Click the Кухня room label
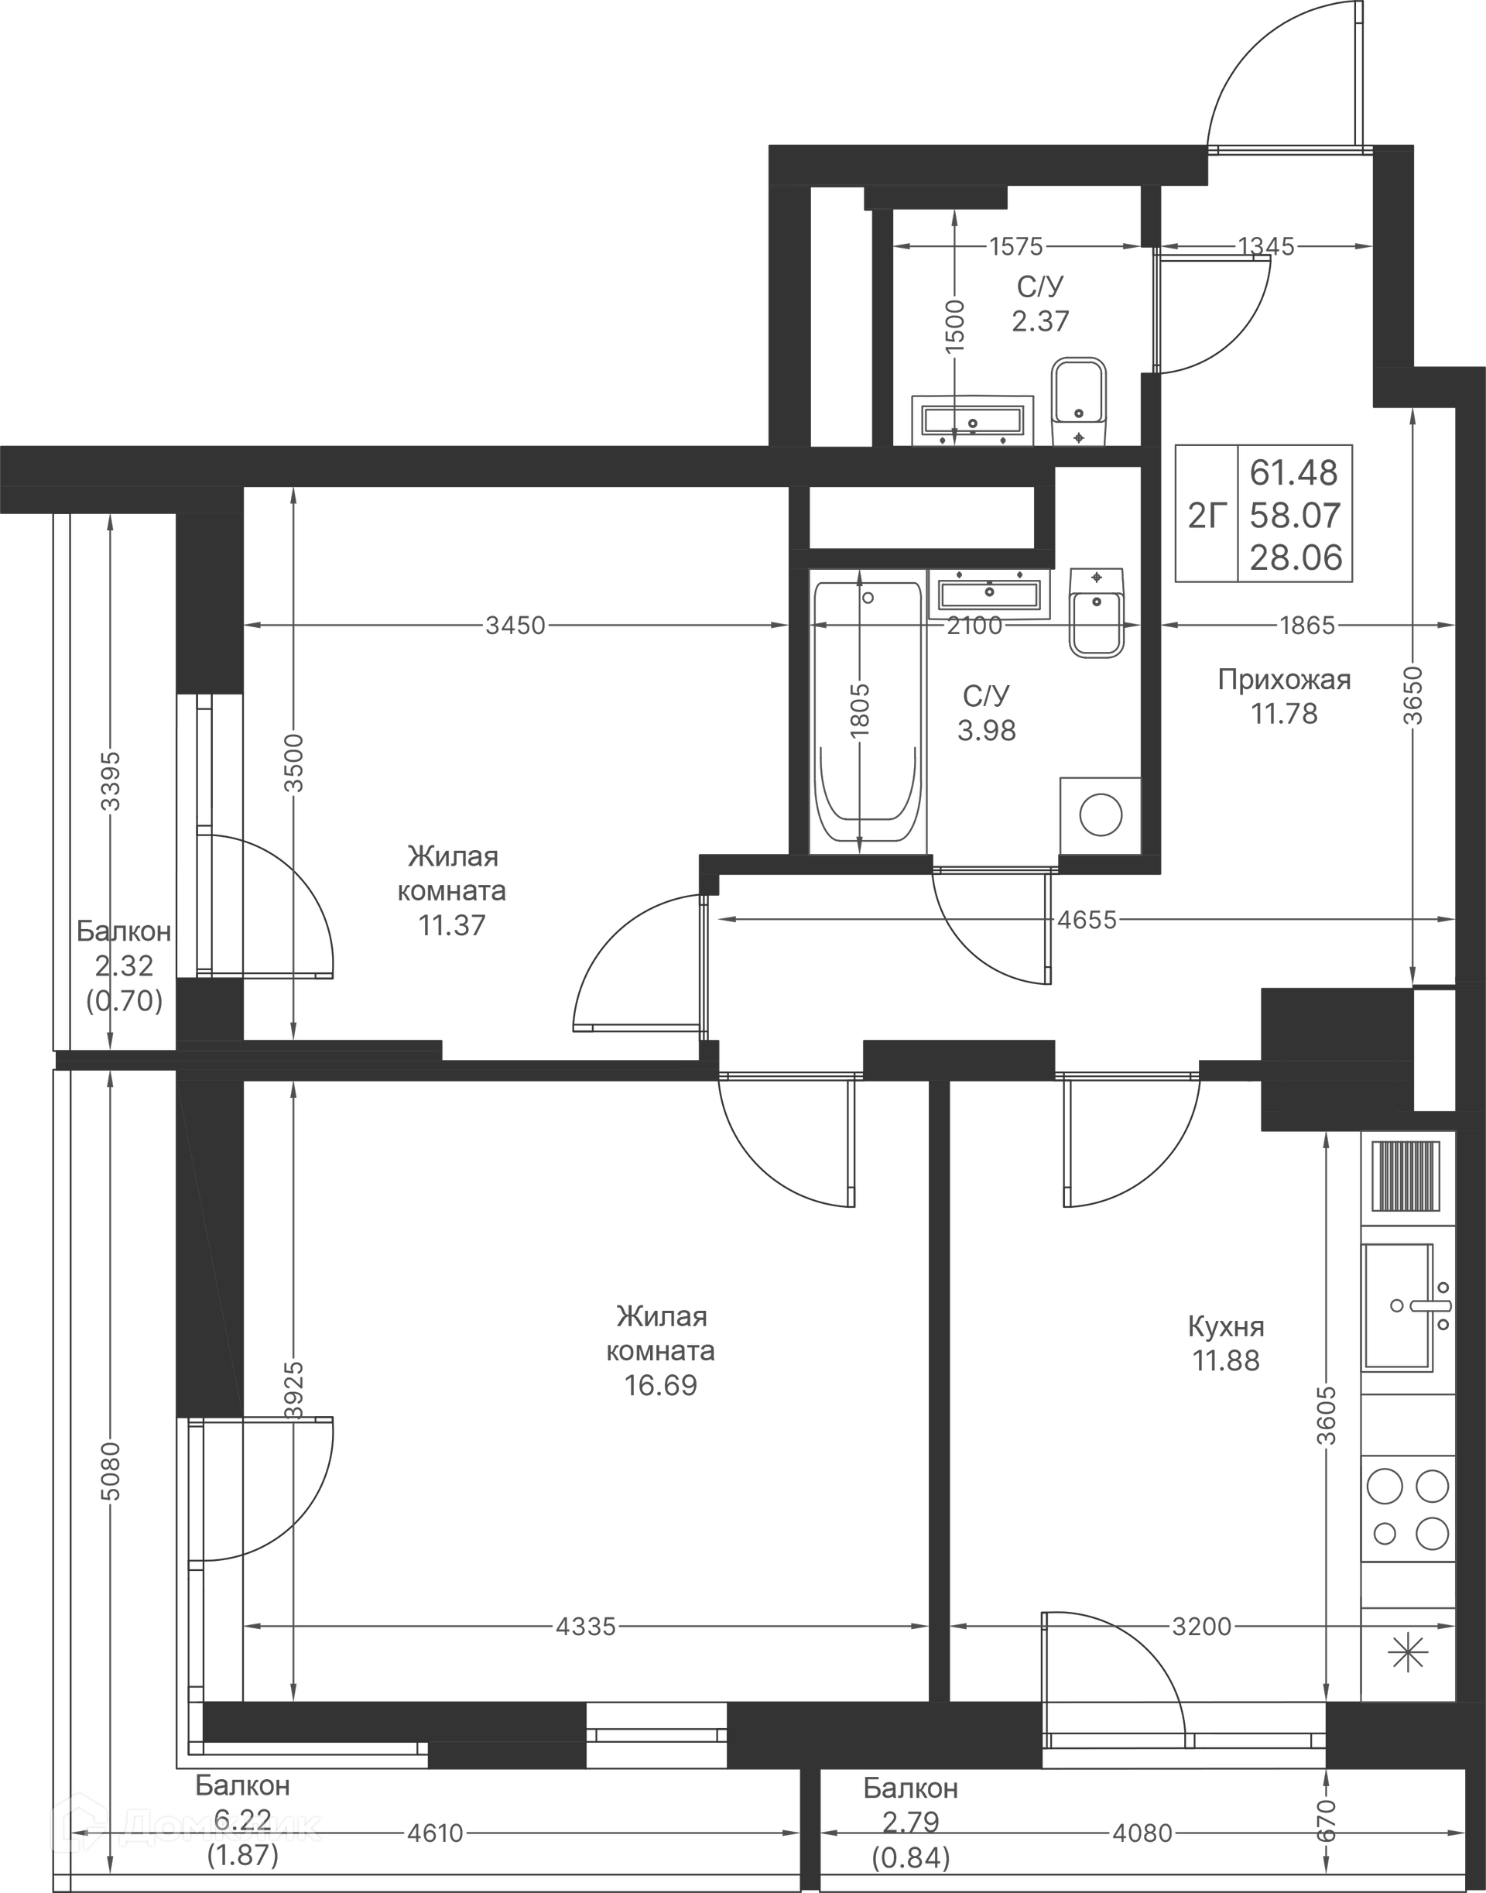[1226, 1326]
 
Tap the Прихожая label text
[1284, 680]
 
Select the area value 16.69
[660, 1385]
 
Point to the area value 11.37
[451, 925]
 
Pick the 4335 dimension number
[586, 1626]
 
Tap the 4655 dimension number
[1087, 920]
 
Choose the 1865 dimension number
[1306, 625]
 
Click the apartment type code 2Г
[1207, 516]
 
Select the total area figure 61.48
[1294, 472]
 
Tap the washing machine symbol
[1101, 815]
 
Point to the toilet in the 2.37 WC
[1079, 401]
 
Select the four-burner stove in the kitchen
[1408, 1508]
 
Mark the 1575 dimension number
[1015, 246]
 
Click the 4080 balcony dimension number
[1142, 1833]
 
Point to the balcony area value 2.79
[910, 1822]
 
